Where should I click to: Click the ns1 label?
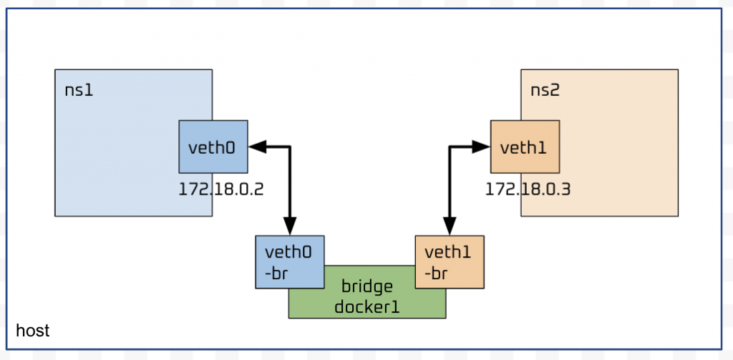pos(79,92)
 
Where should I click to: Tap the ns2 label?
pos(545,92)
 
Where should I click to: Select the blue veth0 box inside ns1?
pos(213,147)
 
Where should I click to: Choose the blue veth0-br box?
pos(289,261)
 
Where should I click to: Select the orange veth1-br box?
pos(450,261)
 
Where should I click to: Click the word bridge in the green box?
pos(367,287)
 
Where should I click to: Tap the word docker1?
pos(366,308)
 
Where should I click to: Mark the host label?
pos(32,331)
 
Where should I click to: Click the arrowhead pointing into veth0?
pos(256,147)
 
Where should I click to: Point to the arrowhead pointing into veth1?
pos(482,147)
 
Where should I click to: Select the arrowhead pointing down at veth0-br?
pos(290,228)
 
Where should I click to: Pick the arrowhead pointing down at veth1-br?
pos(450,228)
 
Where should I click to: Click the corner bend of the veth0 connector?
pos(290,147)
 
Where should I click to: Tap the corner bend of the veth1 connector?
pos(450,147)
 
